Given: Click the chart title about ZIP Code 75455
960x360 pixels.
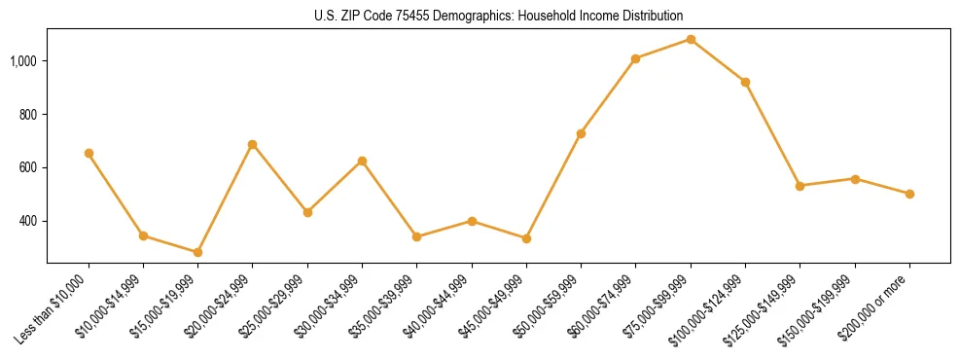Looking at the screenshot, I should pyautogui.click(x=498, y=16).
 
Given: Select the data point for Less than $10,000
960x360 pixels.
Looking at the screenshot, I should pyautogui.click(x=89, y=153).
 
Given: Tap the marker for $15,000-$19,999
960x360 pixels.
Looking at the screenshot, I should pyautogui.click(x=197, y=252).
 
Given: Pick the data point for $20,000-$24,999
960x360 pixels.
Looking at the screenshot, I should pyautogui.click(x=253, y=144).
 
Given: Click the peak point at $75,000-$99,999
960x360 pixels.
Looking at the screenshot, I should pyautogui.click(x=691, y=39).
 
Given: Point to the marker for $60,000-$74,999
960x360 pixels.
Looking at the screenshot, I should pyautogui.click(x=635, y=58).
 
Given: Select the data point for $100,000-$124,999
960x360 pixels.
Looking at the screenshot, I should pyautogui.click(x=745, y=82).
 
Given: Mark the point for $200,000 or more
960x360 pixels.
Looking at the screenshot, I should pyautogui.click(x=909, y=194).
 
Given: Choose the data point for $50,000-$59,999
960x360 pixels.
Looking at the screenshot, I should pyautogui.click(x=581, y=133).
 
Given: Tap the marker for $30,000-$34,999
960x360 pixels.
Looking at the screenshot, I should pyautogui.click(x=362, y=161).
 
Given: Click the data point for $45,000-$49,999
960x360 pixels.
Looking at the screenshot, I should pyautogui.click(x=526, y=238).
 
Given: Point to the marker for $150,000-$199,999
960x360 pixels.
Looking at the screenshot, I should pyautogui.click(x=855, y=179).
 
